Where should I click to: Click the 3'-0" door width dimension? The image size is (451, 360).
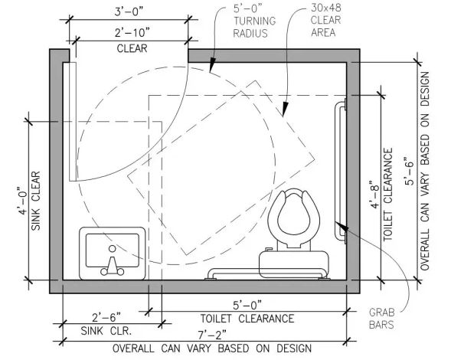tap(129, 12)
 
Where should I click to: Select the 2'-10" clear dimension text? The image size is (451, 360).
tap(132, 33)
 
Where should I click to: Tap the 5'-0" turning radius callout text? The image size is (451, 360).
tap(254, 21)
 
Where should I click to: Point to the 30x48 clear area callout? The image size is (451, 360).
tap(325, 20)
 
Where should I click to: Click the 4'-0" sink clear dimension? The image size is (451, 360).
tap(23, 201)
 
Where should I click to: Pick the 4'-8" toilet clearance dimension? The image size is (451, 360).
tap(374, 195)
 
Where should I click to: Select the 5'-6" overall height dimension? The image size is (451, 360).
tap(409, 171)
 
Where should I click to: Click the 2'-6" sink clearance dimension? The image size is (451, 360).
tap(106, 317)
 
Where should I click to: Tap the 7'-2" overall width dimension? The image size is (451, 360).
tap(212, 335)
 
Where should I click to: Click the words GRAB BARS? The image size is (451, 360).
tap(381, 319)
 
